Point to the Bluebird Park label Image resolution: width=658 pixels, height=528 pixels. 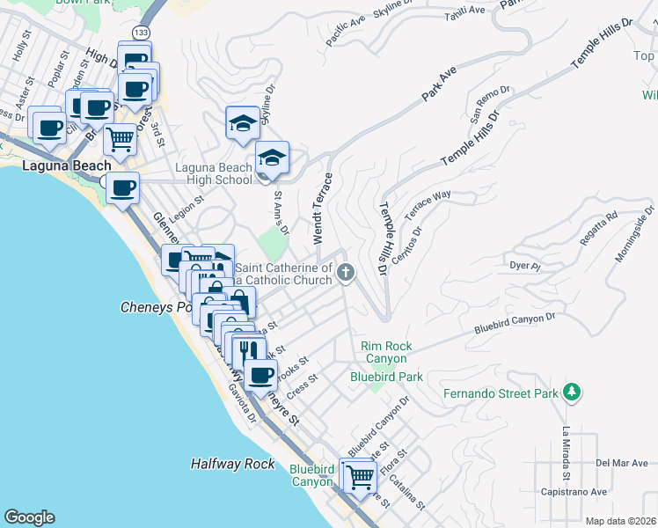click(x=386, y=377)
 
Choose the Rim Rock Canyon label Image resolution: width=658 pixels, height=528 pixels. click(x=385, y=352)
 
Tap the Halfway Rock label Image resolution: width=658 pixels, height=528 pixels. click(x=233, y=464)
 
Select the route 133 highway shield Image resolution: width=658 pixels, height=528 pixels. click(x=141, y=31)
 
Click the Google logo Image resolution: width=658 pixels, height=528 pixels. click(x=29, y=517)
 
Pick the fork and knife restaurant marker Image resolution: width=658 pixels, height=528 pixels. click(x=249, y=349)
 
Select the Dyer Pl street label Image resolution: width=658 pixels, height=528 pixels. click(x=524, y=264)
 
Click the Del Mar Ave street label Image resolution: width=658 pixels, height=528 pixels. click(x=621, y=462)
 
